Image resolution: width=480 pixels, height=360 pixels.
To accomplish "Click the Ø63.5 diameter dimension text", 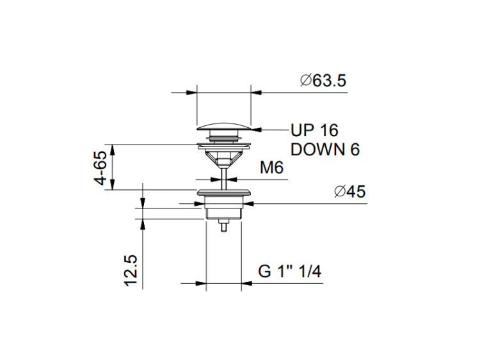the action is point(323,81).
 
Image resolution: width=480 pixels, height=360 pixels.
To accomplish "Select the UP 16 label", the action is point(314,130).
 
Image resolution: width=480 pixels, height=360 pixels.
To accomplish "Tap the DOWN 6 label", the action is point(324,150).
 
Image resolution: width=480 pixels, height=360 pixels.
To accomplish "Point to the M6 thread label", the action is point(271,168).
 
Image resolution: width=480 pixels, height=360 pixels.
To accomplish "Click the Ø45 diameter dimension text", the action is point(350,192).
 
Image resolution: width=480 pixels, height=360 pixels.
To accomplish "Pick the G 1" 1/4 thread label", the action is point(289,271).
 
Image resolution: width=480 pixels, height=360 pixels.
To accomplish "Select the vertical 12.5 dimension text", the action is point(131,271).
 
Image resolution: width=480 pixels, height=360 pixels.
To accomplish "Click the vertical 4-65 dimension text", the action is point(100,168).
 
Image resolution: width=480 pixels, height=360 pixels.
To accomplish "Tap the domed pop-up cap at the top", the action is point(224,127).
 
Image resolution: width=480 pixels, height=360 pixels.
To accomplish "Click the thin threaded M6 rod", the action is point(224,177).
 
